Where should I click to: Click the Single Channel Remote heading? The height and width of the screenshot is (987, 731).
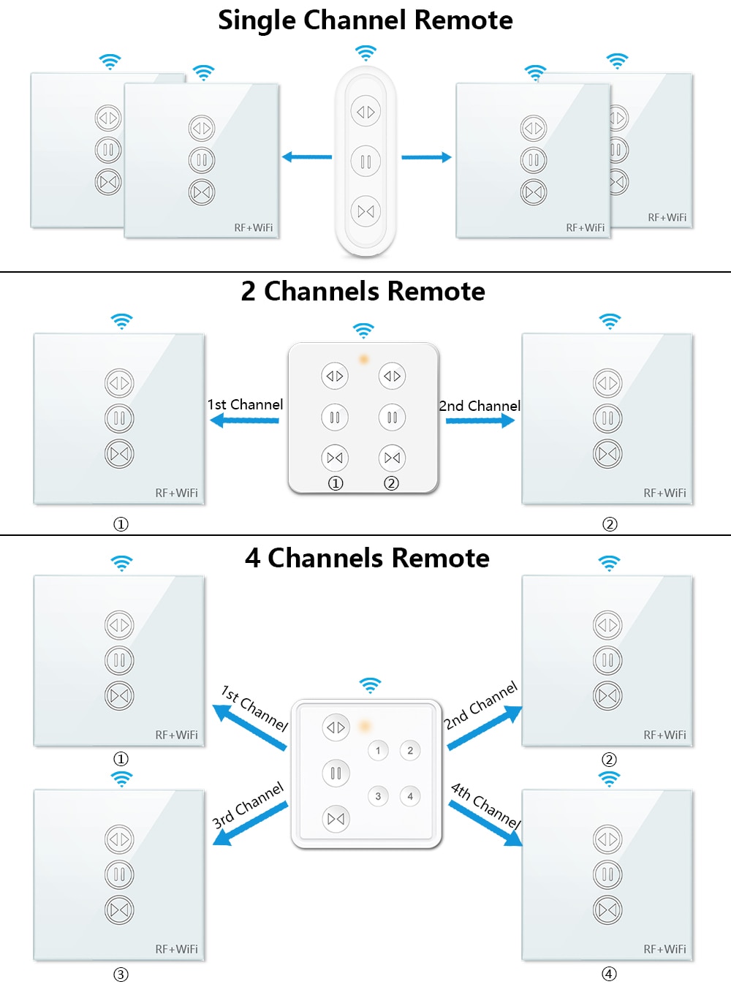coord(365,20)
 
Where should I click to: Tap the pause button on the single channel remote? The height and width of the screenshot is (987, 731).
coord(365,161)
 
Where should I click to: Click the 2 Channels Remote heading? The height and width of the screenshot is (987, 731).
coord(363,292)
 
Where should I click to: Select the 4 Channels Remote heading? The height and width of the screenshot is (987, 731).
coord(367,558)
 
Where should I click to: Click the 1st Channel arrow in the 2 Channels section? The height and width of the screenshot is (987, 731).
coord(244,420)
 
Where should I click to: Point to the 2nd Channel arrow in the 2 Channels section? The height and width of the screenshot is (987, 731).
coord(480,420)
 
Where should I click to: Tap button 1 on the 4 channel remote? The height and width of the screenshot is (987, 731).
coord(378,751)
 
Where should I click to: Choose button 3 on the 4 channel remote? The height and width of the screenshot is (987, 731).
coord(378,796)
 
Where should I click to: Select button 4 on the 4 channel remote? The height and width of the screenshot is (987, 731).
coord(410,796)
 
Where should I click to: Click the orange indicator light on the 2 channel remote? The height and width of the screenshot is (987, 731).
coord(364,359)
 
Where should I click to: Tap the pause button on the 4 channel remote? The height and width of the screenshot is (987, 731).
coord(336,773)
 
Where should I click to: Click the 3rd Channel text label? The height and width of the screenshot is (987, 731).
coord(247,806)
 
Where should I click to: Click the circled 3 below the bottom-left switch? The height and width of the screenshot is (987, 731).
coord(121,975)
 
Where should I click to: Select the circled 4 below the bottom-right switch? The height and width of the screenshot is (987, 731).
coord(609,974)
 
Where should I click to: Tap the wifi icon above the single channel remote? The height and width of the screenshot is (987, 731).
coord(365,53)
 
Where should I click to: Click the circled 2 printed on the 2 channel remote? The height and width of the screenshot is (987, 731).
coord(391,483)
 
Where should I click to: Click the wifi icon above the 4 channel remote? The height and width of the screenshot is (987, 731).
coord(370,686)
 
